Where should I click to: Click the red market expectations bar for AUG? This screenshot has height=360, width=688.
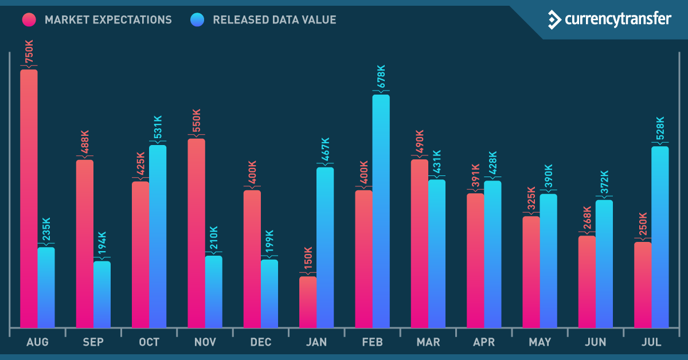pyautogui.click(x=29, y=198)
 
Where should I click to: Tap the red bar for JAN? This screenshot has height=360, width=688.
pyautogui.click(x=308, y=302)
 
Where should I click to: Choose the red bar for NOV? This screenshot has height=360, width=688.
pyautogui.click(x=196, y=233)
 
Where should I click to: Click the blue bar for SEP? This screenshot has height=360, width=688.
pyautogui.click(x=102, y=294)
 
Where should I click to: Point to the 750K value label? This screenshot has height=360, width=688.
pyautogui.click(x=29, y=51)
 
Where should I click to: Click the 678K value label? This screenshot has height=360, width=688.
pyautogui.click(x=381, y=76)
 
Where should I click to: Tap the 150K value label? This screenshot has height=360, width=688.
pyautogui.click(x=308, y=260)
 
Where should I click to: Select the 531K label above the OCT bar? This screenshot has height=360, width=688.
pyautogui.click(x=157, y=128)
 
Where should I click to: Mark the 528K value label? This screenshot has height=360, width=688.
pyautogui.click(x=660, y=129)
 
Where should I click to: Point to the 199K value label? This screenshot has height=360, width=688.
pyautogui.click(x=269, y=242)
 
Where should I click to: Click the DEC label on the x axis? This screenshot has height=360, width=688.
pyautogui.click(x=261, y=342)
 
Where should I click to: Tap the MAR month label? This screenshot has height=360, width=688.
pyautogui.click(x=428, y=342)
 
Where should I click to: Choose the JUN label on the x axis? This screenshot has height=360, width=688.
pyautogui.click(x=596, y=342)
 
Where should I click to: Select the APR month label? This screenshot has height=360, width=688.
pyautogui.click(x=484, y=342)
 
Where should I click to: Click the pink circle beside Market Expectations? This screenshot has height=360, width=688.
pyautogui.click(x=30, y=20)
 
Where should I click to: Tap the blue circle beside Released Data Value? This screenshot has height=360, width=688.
pyautogui.click(x=197, y=20)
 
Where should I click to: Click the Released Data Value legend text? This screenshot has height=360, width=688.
pyautogui.click(x=274, y=20)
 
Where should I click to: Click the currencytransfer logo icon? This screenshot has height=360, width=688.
pyautogui.click(x=554, y=19)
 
